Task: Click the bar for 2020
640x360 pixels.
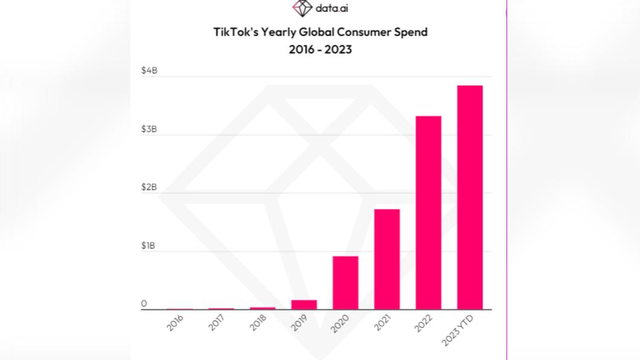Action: [345, 283]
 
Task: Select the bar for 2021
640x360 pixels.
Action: [387, 259]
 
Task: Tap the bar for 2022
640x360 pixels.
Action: [428, 213]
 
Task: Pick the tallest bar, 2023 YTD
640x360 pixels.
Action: [470, 198]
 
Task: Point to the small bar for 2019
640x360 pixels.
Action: [304, 304]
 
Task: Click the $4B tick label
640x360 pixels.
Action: [149, 71]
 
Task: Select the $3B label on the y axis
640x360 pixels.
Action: [149, 129]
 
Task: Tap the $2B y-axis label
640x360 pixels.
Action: [149, 187]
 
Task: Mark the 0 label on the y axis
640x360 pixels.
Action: [144, 304]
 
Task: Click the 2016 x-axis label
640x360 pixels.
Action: [176, 323]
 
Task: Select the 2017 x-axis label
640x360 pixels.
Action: [217, 323]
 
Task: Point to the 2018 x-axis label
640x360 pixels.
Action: [258, 323]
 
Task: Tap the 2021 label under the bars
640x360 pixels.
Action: [382, 323]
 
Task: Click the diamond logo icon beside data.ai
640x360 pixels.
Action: [302, 8]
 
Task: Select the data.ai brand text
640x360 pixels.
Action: [331, 8]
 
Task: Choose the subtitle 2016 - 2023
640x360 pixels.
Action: [320, 50]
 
